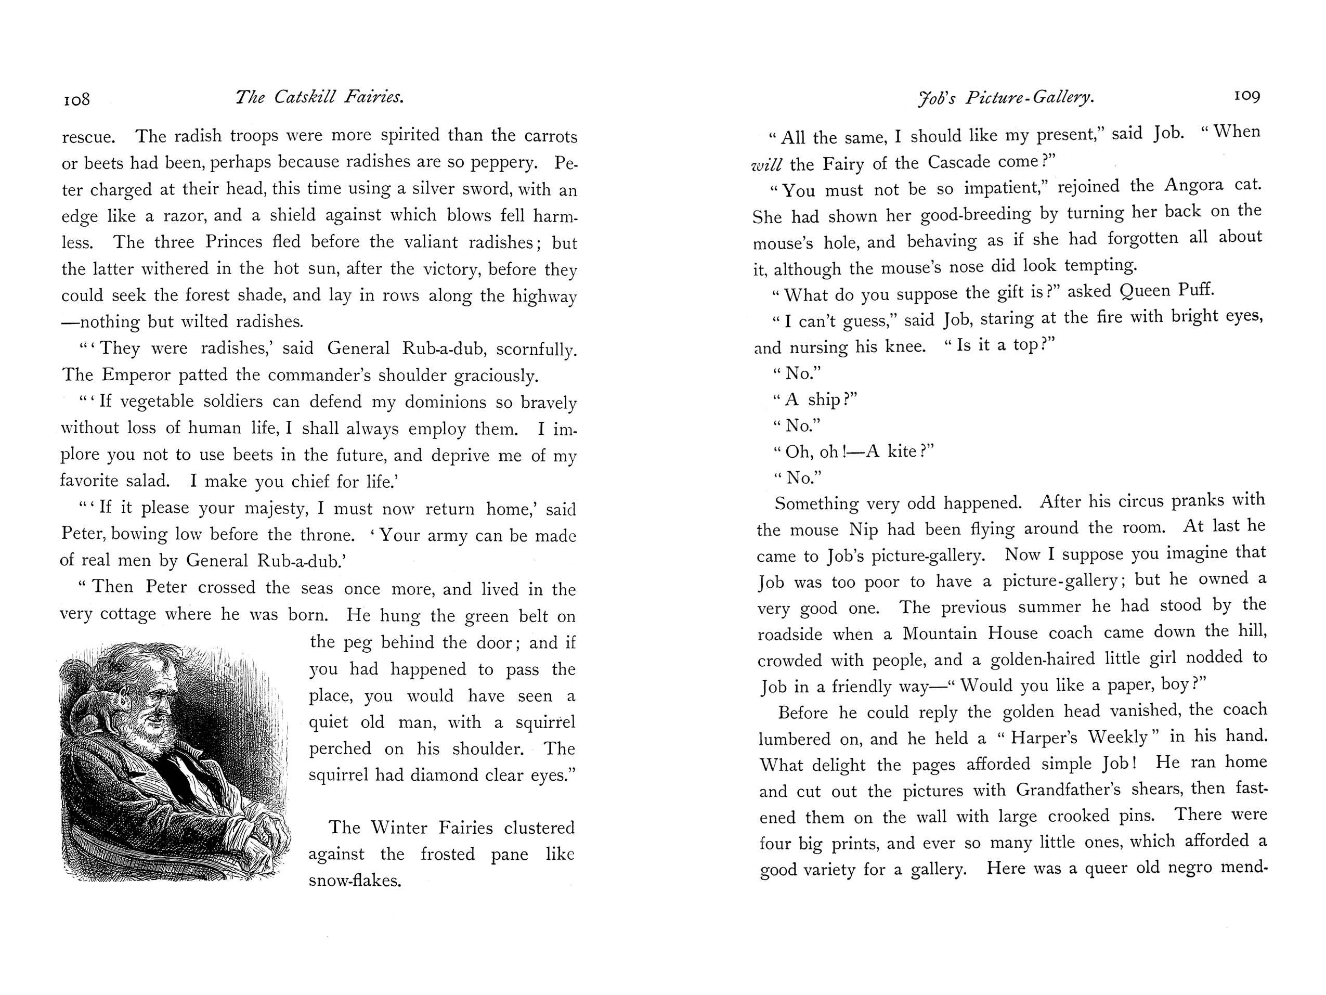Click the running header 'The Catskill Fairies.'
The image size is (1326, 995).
pos(319,97)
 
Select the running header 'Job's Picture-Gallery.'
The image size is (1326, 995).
pos(1006,98)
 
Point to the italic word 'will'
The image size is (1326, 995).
pos(766,164)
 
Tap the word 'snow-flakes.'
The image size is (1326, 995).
pos(354,881)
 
